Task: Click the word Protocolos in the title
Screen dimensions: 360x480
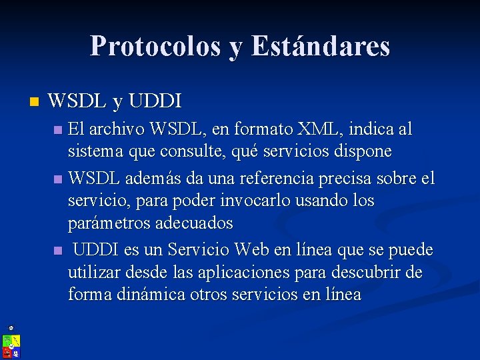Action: coord(155,46)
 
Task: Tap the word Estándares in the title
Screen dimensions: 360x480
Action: coord(321,46)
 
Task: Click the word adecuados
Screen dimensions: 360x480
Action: coord(194,223)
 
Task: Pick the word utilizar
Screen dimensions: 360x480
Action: coord(93,273)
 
